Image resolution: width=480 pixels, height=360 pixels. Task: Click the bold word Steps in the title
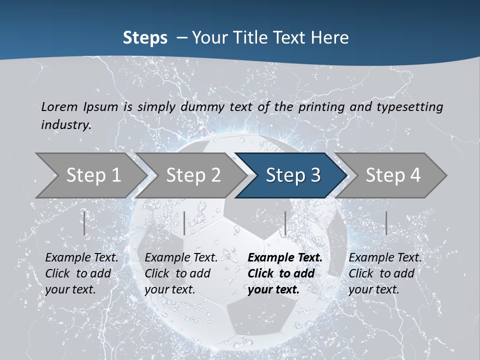coord(145,37)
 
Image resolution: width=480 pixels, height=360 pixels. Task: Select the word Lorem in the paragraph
coord(59,106)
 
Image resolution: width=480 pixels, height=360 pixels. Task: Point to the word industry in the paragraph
coord(66,124)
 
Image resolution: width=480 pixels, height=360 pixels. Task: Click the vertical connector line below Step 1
coord(84,223)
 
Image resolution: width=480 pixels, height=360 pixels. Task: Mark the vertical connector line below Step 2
coord(184,223)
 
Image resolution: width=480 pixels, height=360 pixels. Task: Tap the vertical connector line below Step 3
coord(285,223)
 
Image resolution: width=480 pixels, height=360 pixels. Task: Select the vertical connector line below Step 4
coord(386,223)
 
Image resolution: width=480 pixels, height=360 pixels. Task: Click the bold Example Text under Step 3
coord(285,257)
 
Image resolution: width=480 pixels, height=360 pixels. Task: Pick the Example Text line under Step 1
coord(81,257)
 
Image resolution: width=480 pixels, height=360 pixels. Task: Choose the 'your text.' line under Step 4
coord(373,289)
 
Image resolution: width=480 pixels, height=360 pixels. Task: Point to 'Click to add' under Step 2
coord(177,273)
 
